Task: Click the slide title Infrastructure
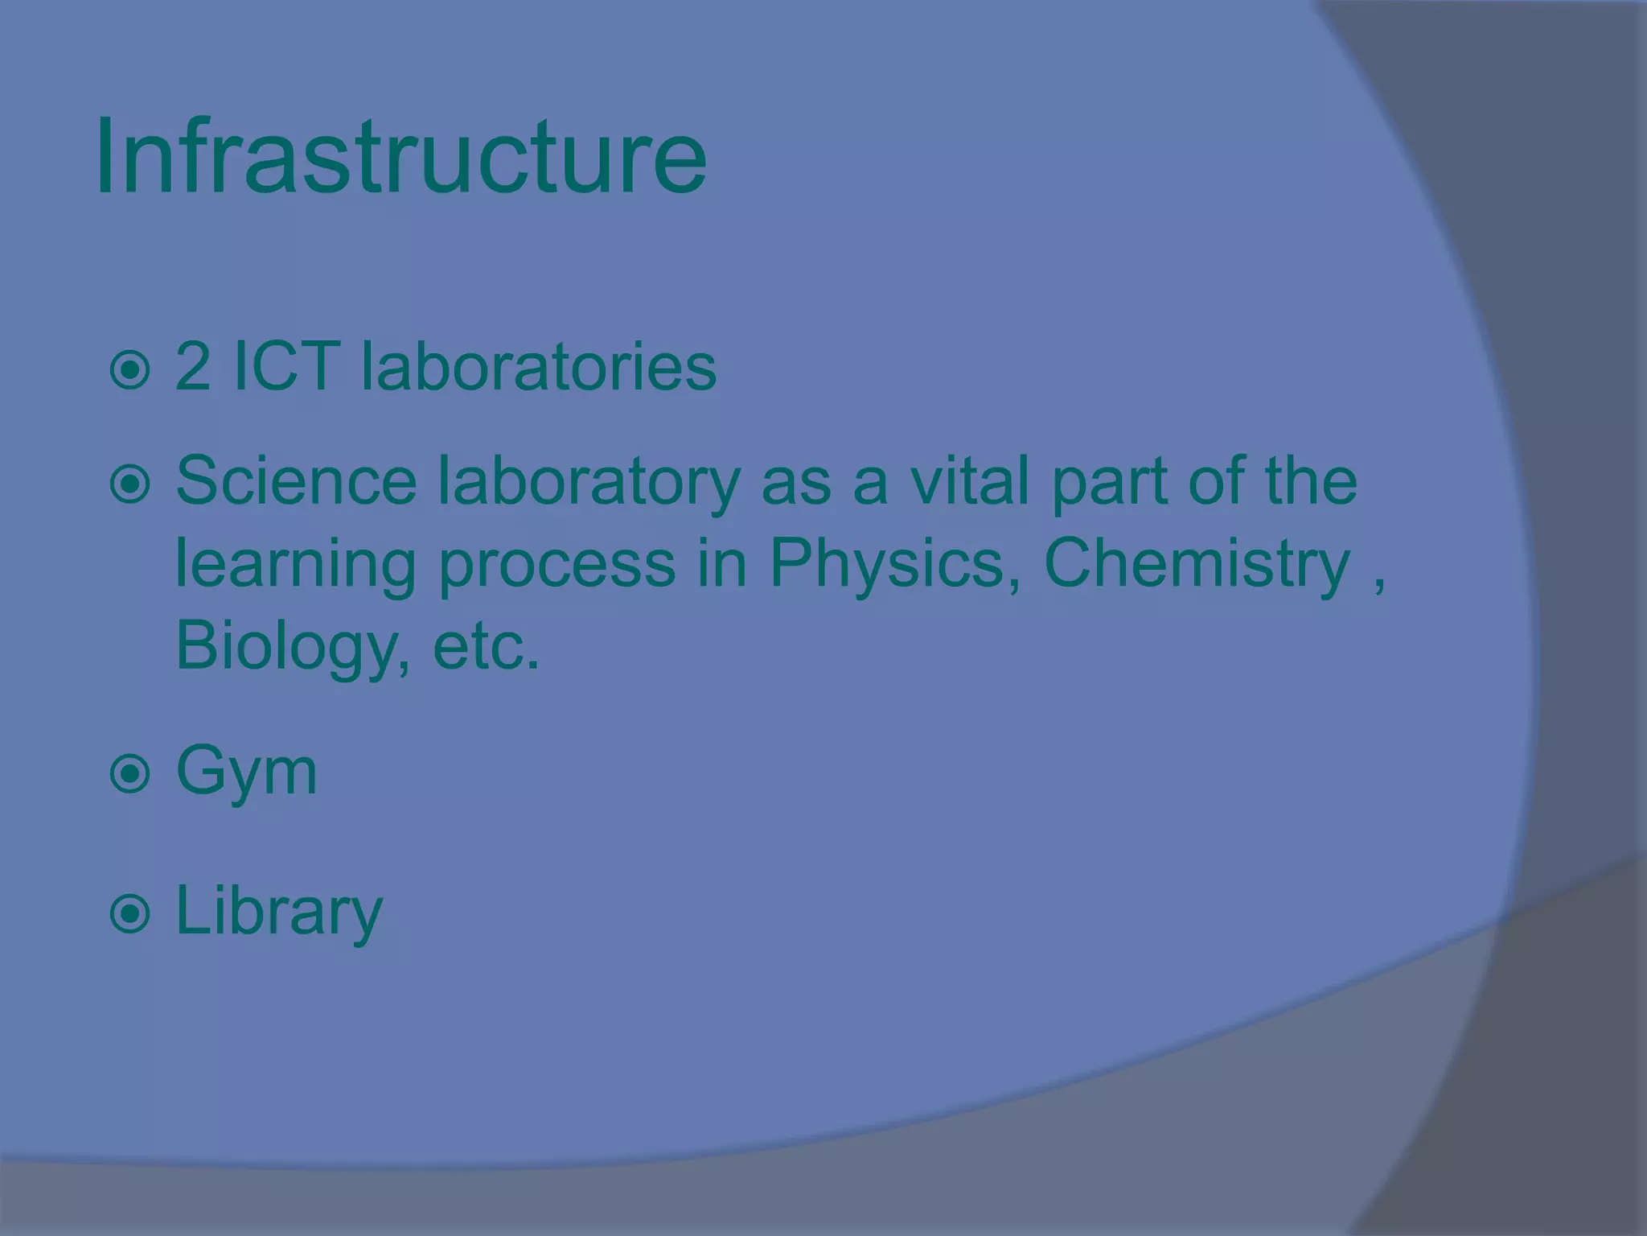tap(400, 156)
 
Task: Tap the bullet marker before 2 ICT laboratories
tap(129, 371)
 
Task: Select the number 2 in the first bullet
tap(193, 367)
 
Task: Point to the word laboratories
tap(538, 367)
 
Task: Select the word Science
tap(296, 481)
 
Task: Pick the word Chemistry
tap(1197, 563)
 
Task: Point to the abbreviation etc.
tap(486, 648)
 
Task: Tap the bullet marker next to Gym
tap(129, 775)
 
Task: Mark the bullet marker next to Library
tap(129, 915)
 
